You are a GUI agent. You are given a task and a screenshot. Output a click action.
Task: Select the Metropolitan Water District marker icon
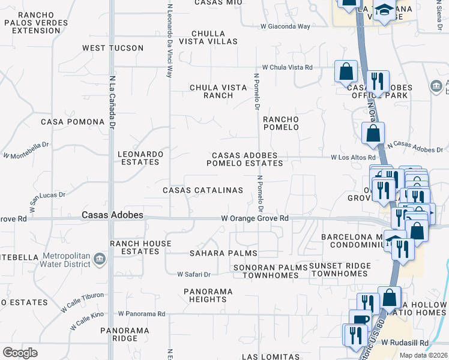(x=100, y=260)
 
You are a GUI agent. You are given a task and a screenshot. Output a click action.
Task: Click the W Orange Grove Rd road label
(x=255, y=218)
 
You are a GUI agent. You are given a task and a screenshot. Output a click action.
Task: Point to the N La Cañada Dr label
(x=112, y=102)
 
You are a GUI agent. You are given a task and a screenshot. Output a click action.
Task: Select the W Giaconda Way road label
(x=285, y=26)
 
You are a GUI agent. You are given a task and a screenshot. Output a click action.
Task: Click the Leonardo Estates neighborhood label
(x=140, y=158)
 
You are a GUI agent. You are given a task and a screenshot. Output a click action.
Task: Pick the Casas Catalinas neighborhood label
(x=203, y=190)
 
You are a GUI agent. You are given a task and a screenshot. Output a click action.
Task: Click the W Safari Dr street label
(x=194, y=274)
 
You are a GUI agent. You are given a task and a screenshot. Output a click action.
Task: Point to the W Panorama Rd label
(x=142, y=314)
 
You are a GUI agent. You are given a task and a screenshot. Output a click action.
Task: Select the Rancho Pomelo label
(x=280, y=123)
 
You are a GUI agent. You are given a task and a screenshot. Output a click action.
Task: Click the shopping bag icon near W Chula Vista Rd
(x=346, y=72)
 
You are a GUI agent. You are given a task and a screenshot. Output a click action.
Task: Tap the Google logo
(x=20, y=353)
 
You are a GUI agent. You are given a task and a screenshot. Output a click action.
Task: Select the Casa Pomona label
(x=73, y=122)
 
